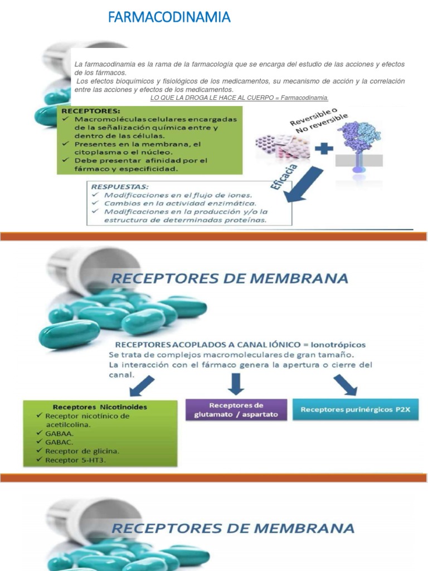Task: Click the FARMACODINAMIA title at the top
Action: tap(169, 18)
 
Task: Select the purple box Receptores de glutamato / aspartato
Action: tap(236, 410)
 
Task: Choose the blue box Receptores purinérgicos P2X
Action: tap(355, 410)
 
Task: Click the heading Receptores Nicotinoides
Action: tap(100, 407)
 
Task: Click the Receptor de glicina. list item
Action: tap(82, 451)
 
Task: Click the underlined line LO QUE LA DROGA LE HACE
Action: tap(240, 98)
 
